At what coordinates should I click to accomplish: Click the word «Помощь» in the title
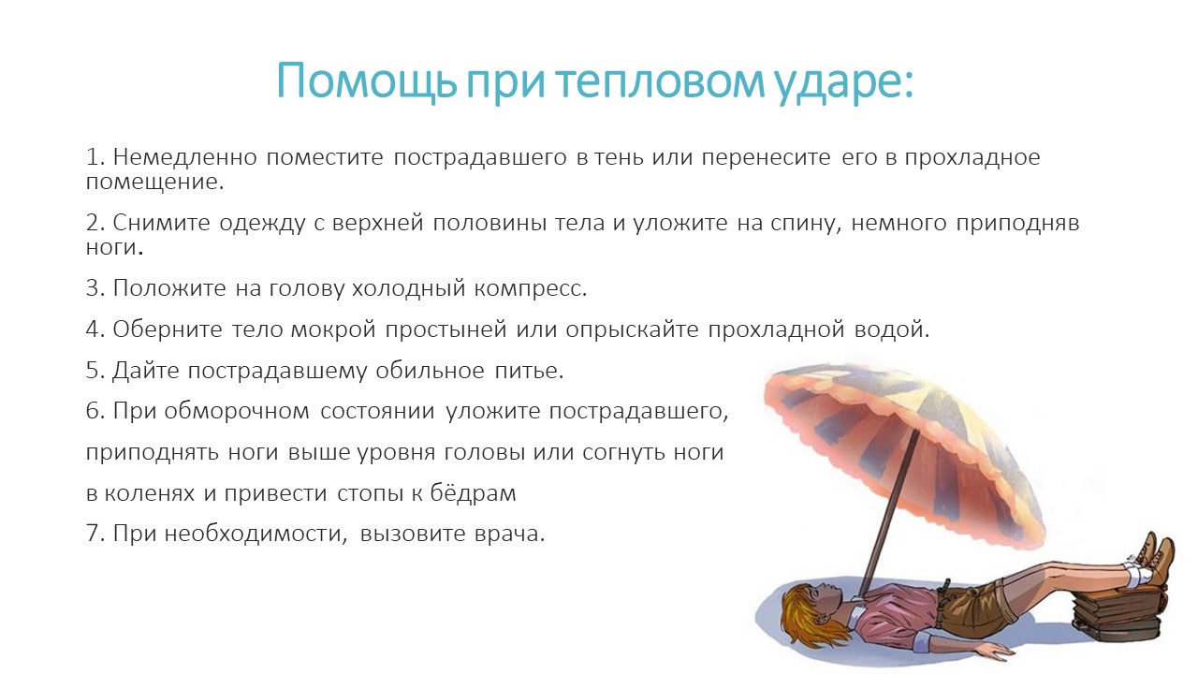[x=366, y=81]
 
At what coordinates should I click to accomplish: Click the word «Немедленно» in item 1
[x=185, y=157]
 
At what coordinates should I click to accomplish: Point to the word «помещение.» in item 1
[x=155, y=183]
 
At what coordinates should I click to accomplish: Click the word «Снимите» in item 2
[x=161, y=223]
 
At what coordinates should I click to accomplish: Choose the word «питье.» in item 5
[x=529, y=371]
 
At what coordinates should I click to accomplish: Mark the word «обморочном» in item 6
[x=237, y=411]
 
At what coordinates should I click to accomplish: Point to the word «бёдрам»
[x=474, y=492]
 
